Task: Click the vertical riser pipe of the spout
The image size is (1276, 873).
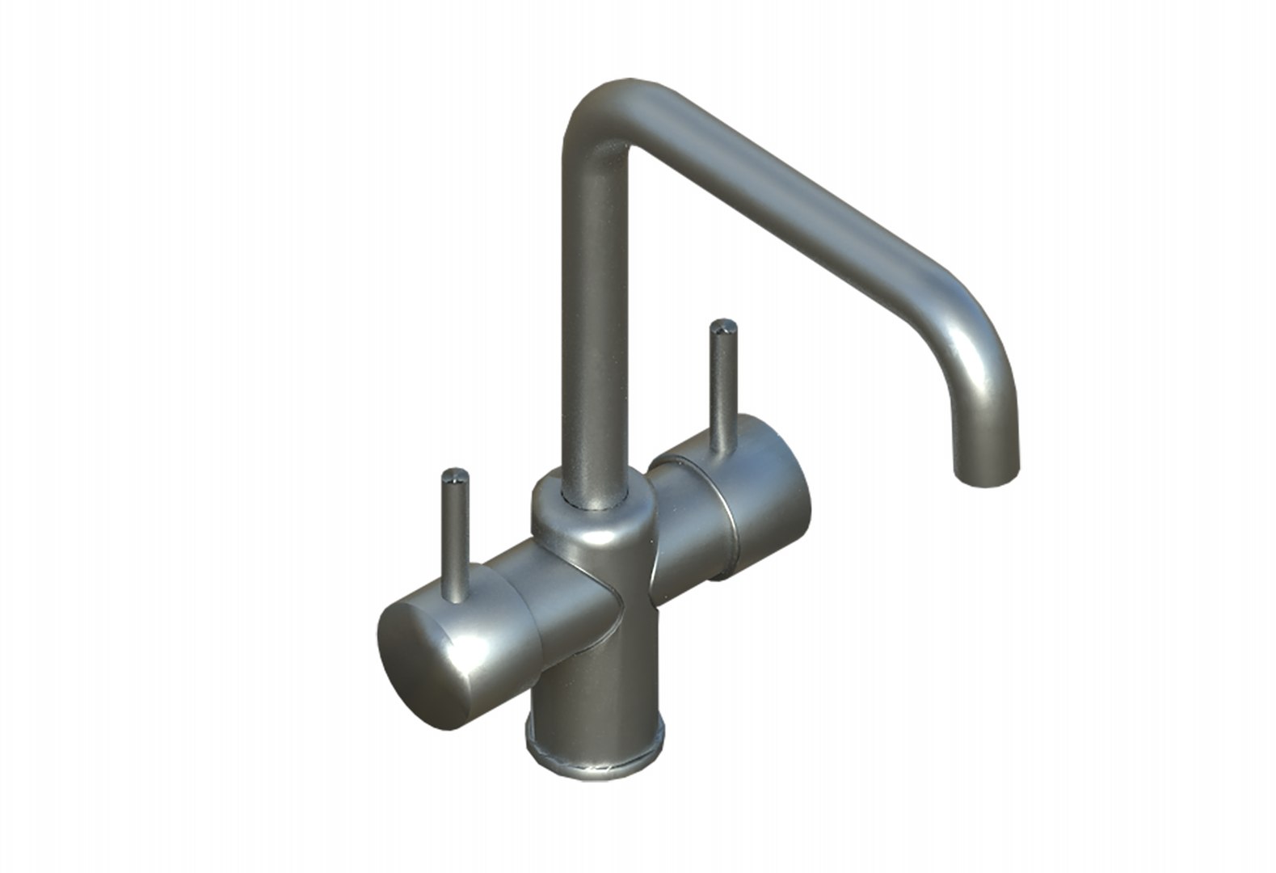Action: point(594,323)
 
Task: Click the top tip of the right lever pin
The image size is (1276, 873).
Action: point(722,327)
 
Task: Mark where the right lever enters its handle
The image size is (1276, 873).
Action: point(722,449)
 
